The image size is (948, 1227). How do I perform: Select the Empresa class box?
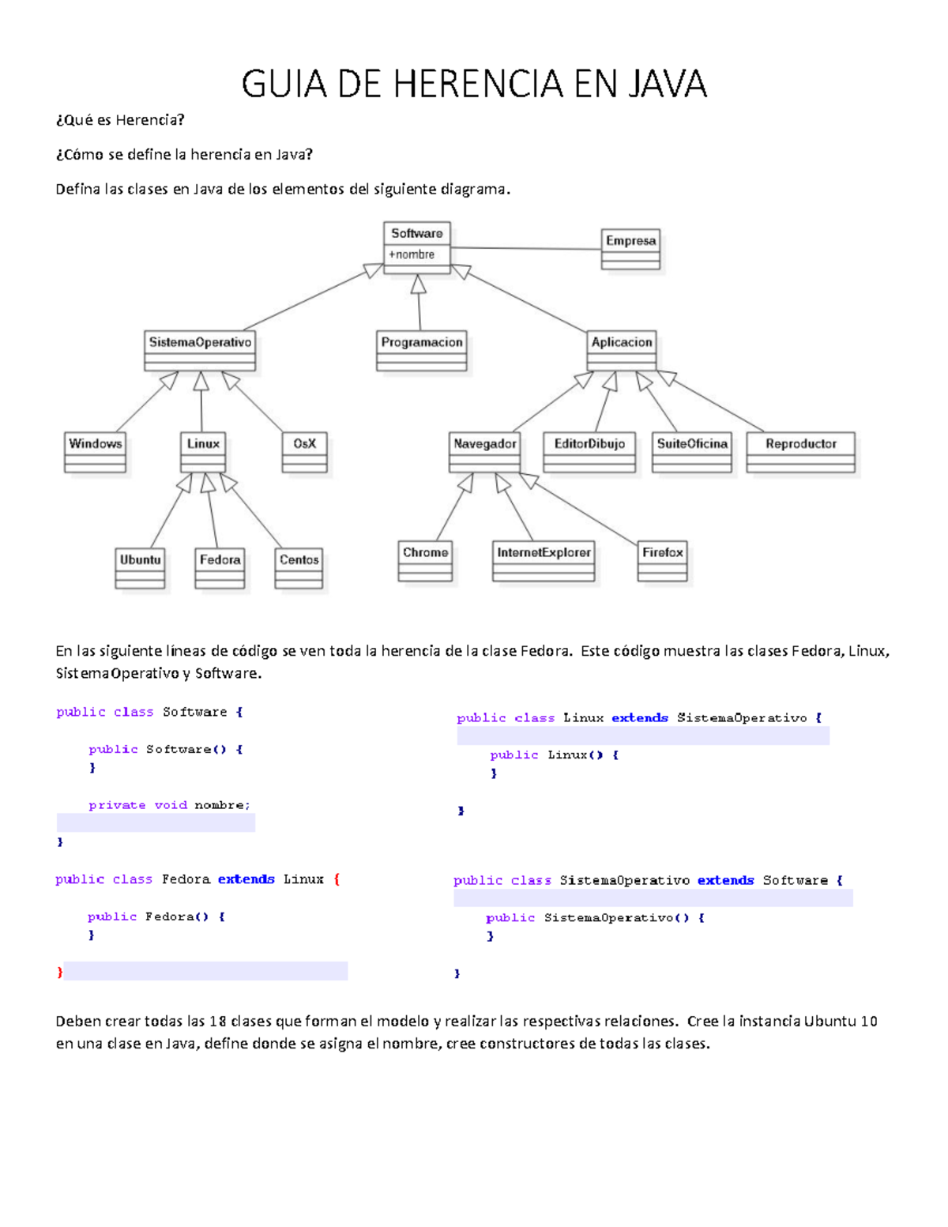pos(630,248)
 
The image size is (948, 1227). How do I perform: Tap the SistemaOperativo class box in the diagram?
pos(200,350)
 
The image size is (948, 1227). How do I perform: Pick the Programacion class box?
pos(422,350)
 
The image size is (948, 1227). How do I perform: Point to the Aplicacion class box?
pos(622,350)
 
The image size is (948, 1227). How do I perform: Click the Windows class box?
pos(95,451)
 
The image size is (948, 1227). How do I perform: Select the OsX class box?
pos(304,451)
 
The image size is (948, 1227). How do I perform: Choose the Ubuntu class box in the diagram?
pos(140,567)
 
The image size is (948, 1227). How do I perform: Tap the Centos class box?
pos(299,567)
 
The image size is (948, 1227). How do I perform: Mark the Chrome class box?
pos(425,560)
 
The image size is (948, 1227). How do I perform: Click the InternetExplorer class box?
pos(544,560)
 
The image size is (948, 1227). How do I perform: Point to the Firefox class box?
pos(662,560)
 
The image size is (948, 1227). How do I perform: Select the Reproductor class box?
pos(800,451)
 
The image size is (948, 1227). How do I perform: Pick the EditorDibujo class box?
pos(589,451)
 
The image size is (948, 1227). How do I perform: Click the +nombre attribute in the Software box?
pos(412,254)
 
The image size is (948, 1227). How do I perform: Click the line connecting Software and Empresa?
pos(525,249)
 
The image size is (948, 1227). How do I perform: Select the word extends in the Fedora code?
pos(246,879)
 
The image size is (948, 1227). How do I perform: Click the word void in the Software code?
pos(171,805)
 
